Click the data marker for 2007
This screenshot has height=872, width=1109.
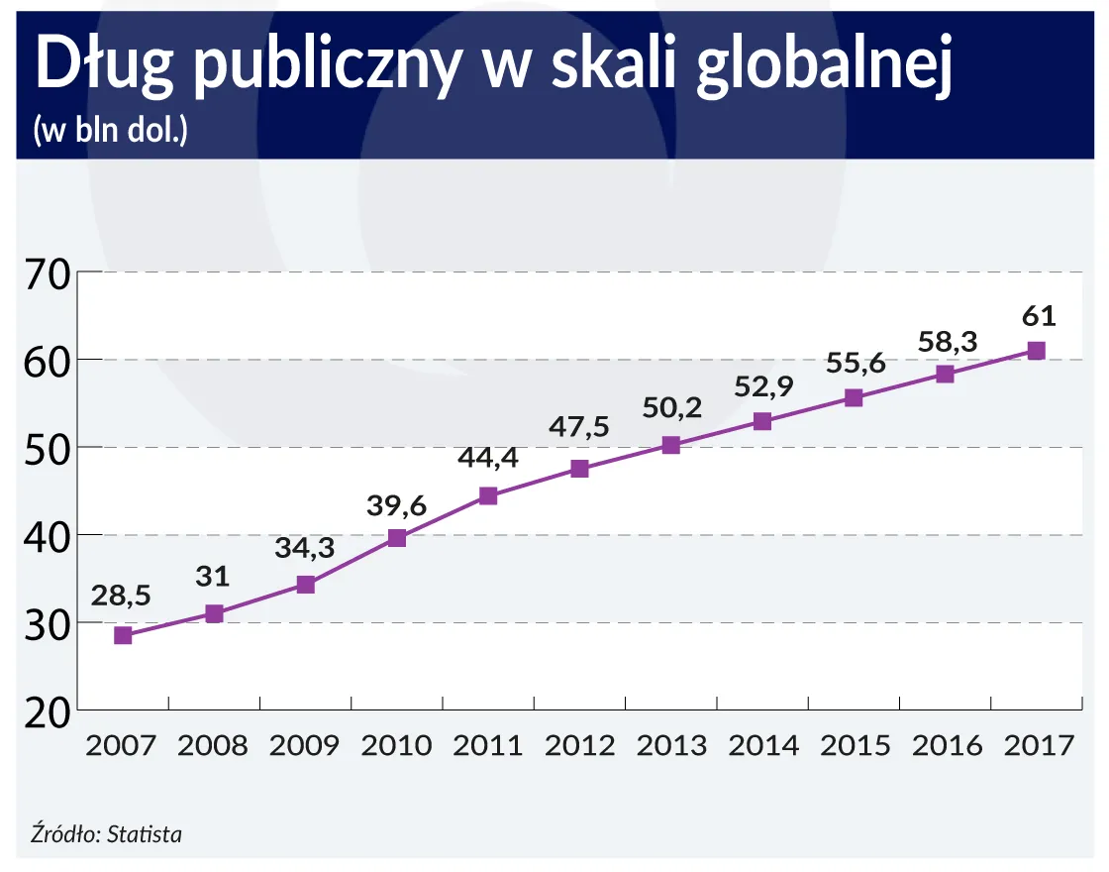123,635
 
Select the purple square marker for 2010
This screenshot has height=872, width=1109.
397,538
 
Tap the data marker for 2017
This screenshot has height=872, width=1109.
1036,351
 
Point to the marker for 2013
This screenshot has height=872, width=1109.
670,445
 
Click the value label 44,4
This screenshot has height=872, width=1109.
488,459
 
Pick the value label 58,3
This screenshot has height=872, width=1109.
945,341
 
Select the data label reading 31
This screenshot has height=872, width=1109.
214,577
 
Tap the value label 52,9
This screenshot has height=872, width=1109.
763,386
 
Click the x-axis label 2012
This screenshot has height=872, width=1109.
579,745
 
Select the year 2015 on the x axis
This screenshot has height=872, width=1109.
854,745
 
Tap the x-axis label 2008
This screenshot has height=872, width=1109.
214,745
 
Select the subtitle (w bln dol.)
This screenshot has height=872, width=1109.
110,132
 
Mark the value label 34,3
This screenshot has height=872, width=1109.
306,547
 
